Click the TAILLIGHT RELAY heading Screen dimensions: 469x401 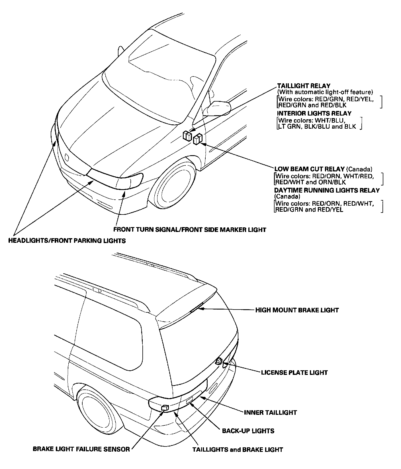(304, 86)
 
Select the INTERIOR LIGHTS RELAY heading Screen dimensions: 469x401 (314, 113)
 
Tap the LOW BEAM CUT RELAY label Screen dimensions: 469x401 (310, 169)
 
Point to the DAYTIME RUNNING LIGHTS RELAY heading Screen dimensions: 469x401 (327, 190)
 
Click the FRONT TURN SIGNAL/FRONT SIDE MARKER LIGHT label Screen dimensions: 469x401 (190, 230)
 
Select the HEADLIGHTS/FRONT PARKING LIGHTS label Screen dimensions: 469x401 (67, 241)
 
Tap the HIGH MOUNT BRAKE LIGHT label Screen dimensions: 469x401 (297, 310)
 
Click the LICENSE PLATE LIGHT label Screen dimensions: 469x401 (294, 373)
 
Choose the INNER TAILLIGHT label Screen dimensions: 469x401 (270, 413)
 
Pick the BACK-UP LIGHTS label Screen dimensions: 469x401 (248, 431)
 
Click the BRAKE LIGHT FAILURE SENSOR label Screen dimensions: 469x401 (81, 449)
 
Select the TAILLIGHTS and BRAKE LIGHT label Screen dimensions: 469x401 (238, 450)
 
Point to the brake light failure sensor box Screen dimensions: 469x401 (165, 408)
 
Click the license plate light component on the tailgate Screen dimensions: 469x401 (219, 361)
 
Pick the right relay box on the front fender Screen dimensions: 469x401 (197, 140)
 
